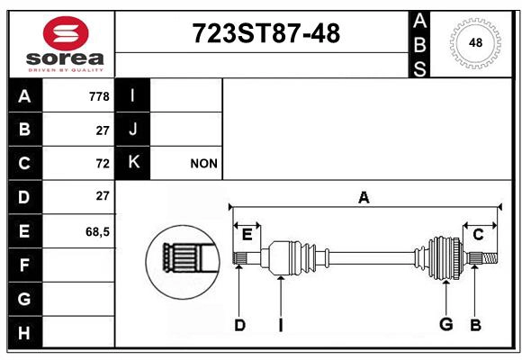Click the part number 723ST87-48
click(266, 34)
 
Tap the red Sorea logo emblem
click(66, 35)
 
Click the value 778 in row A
click(99, 95)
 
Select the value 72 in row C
click(102, 164)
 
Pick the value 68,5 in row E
click(97, 231)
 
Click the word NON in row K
click(204, 164)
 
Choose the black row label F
click(24, 265)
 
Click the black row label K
click(133, 163)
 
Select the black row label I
click(133, 95)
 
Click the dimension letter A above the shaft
click(364, 197)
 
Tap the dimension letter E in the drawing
click(247, 235)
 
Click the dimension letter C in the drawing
click(479, 235)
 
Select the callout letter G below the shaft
click(445, 325)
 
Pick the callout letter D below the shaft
click(239, 325)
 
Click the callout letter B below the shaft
click(475, 325)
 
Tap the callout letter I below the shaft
click(281, 325)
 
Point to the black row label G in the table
click(24, 298)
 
